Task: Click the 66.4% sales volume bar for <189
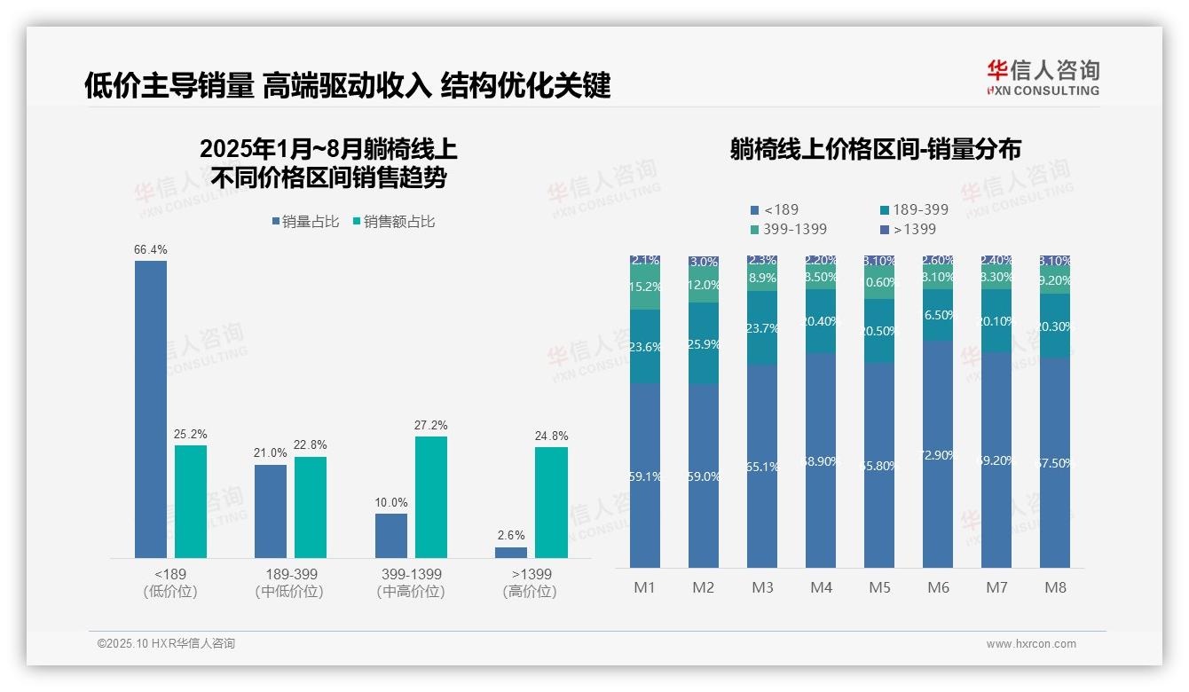coord(150,409)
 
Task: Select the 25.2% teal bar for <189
coord(191,501)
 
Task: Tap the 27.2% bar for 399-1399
coord(431,497)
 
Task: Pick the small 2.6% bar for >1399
coord(511,553)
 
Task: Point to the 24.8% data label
coord(552,436)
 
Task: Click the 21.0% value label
coord(271,452)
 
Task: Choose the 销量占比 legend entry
coord(305,222)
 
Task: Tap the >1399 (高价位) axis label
coord(531,582)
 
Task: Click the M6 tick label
coord(938,587)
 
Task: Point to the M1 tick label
coord(644,587)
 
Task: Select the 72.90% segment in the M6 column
coord(938,454)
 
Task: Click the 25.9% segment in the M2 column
coord(703,343)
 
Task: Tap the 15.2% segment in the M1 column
coord(644,287)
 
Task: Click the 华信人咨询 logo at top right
coord(1043,77)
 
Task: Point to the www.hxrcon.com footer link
coord(1030,644)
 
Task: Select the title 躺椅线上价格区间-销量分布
coord(875,149)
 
